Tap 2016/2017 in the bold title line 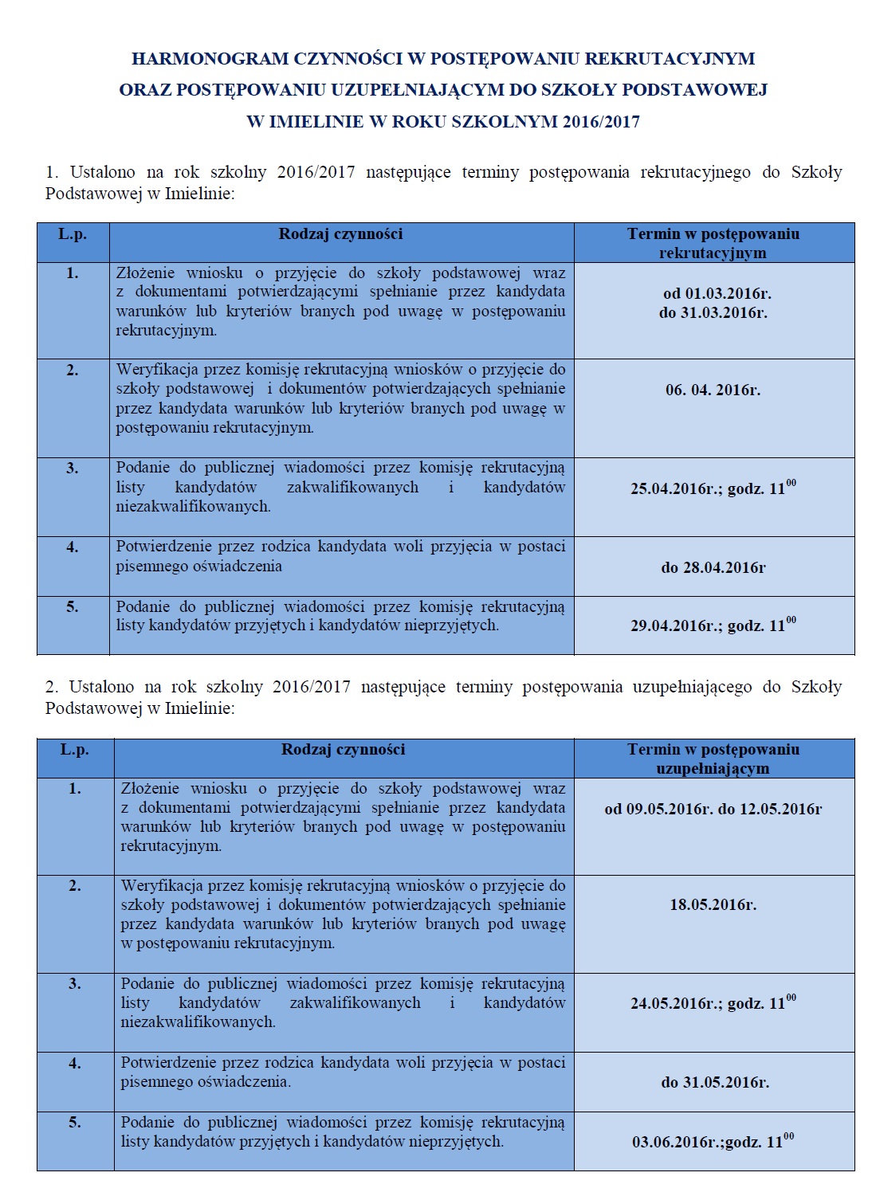click(600, 123)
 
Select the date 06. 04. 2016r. click(713, 390)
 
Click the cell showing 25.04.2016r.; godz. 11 click(713, 488)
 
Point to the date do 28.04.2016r click(713, 568)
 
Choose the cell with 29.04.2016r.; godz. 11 click(713, 625)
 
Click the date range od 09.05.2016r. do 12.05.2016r click(713, 810)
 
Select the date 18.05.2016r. click(713, 905)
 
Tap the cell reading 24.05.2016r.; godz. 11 click(713, 1003)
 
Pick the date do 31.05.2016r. click(714, 1083)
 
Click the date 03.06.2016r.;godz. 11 click(713, 1142)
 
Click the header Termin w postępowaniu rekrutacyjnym click(713, 243)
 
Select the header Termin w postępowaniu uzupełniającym click(713, 759)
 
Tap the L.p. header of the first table click(73, 234)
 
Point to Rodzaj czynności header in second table click(343, 750)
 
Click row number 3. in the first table click(73, 469)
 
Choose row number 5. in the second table click(75, 1123)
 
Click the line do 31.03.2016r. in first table click(713, 313)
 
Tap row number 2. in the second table click(75, 886)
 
